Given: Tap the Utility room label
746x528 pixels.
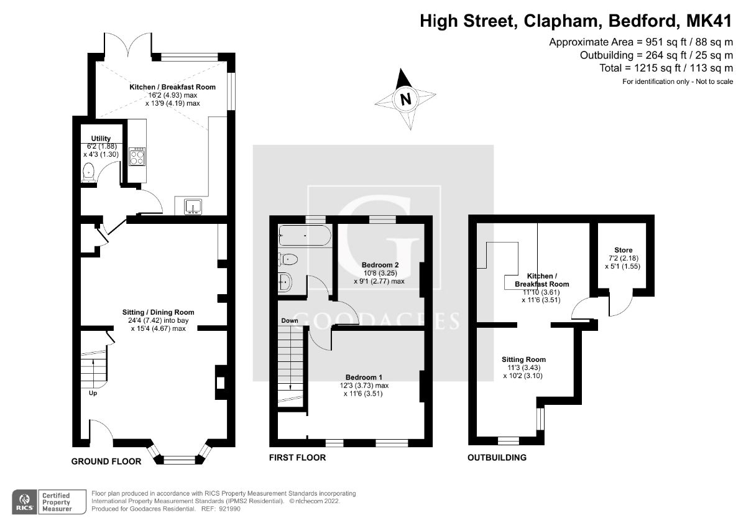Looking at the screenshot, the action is pos(101,138).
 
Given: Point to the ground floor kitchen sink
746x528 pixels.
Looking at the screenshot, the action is pos(192,206).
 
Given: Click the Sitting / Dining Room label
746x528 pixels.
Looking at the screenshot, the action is pos(158,312).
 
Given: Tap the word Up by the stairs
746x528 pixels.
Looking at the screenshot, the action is pos(92,393).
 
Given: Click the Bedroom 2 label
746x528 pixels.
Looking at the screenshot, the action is pos(380,265).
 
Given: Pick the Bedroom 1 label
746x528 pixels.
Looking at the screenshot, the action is pos(364,377).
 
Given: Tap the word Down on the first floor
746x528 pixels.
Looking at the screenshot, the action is pos(290,321).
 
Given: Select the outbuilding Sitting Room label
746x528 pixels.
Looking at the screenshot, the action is pos(524,359).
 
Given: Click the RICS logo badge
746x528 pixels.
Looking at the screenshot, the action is pos(25,501).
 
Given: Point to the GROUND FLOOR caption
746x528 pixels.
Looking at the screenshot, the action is pos(106,461).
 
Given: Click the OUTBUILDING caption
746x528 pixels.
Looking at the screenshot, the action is pos(497,458).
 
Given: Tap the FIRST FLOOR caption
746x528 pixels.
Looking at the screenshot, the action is pos(297,458).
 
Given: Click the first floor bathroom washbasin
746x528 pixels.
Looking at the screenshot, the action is pos(285,280).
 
